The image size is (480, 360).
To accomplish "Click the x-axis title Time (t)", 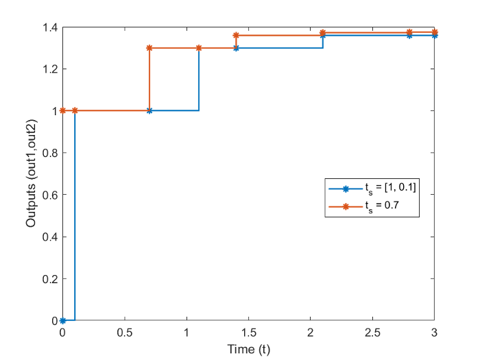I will (248, 350).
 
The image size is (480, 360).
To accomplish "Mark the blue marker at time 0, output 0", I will (62, 320).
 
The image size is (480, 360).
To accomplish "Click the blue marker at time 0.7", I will (149, 110).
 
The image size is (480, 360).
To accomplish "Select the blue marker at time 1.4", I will (236, 48).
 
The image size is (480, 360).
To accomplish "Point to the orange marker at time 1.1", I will (199, 48).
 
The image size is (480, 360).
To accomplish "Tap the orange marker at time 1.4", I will (236, 35).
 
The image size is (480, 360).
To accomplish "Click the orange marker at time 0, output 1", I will (62, 110).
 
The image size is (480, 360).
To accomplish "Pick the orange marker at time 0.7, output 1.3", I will (149, 48).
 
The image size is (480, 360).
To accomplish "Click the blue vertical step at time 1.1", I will (199, 79).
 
